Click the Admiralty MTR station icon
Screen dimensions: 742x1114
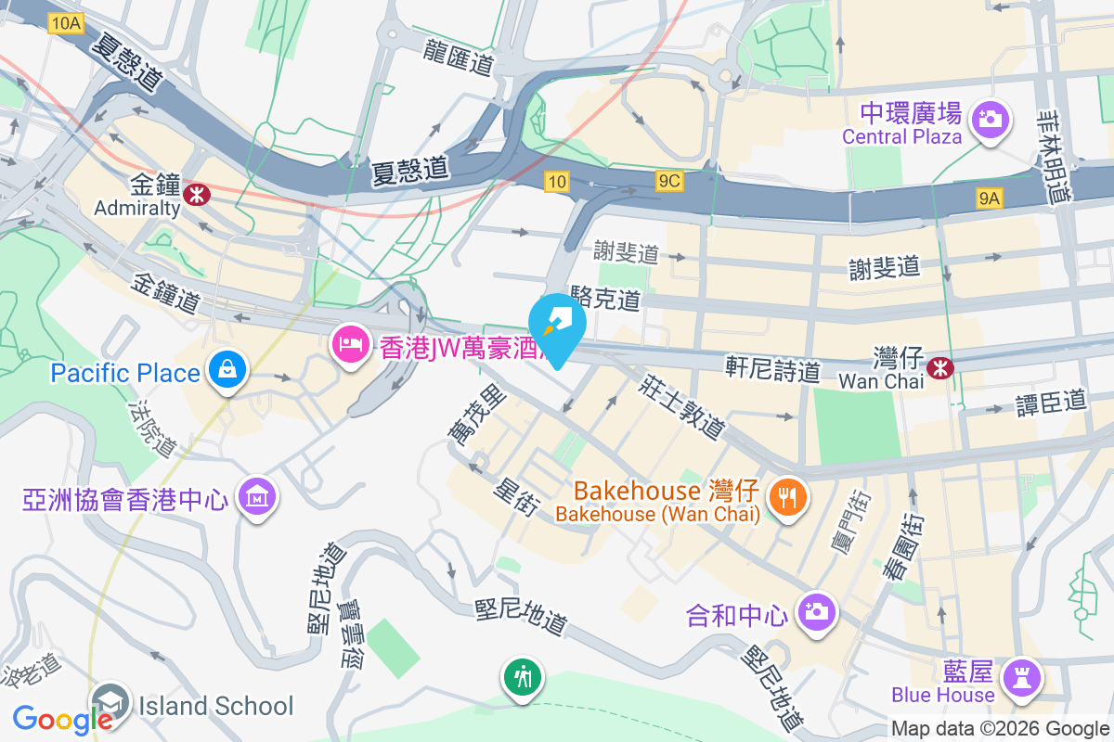point(196,194)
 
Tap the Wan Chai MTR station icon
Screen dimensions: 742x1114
point(942,367)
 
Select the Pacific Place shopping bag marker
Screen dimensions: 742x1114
point(226,369)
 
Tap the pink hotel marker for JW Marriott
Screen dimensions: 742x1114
point(350,345)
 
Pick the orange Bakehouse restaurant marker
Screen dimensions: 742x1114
point(788,497)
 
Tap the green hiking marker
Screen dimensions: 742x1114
point(524,676)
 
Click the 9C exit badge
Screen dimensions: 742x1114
point(668,182)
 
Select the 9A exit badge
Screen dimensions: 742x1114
point(990,198)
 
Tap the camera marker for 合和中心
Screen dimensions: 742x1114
point(817,611)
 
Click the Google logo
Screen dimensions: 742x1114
point(62,719)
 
